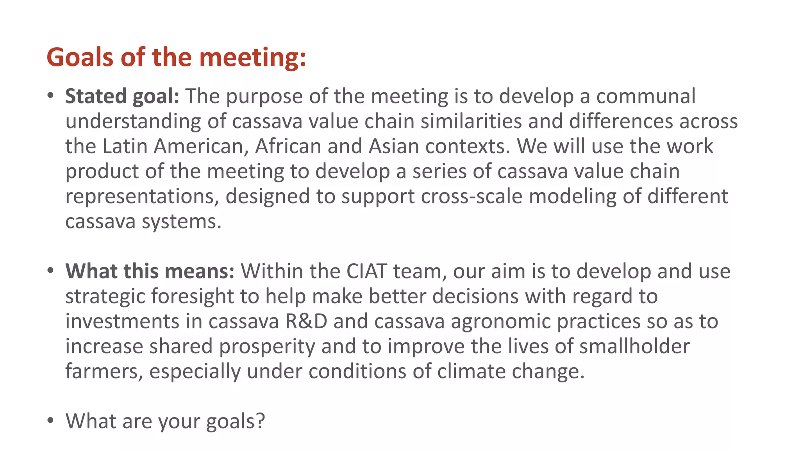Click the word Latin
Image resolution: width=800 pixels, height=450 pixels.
click(x=125, y=146)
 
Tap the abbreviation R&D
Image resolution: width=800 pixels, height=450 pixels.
click(x=306, y=321)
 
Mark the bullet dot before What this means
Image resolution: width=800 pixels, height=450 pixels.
click(x=50, y=270)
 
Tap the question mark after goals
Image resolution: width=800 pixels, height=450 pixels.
click(x=260, y=421)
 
